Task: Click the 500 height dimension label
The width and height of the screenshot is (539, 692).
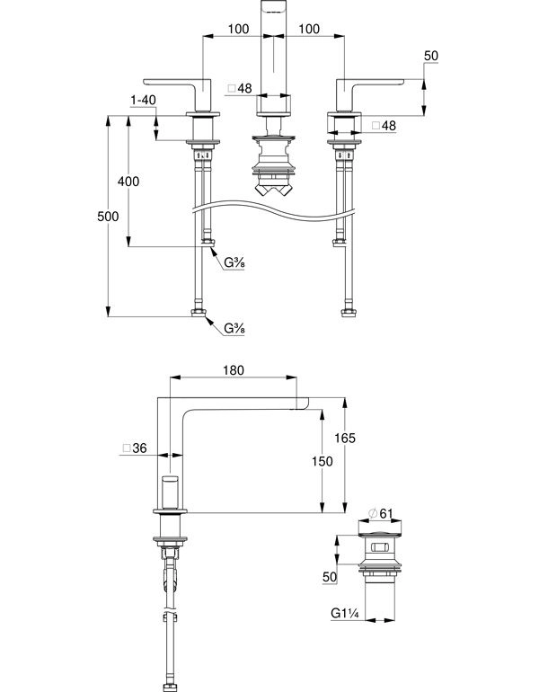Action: click(108, 217)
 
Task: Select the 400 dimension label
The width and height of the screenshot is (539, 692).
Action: click(128, 181)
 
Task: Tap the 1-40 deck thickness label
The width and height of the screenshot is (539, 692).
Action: click(144, 100)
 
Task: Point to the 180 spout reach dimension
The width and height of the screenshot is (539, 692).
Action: click(234, 370)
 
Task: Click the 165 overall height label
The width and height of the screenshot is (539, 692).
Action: click(345, 438)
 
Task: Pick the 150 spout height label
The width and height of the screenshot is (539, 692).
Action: click(323, 461)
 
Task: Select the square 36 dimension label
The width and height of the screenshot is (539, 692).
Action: click(135, 448)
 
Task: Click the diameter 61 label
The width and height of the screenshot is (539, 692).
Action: click(380, 513)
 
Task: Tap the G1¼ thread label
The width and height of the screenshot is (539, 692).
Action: click(345, 614)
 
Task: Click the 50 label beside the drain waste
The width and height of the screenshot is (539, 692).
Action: click(330, 577)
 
